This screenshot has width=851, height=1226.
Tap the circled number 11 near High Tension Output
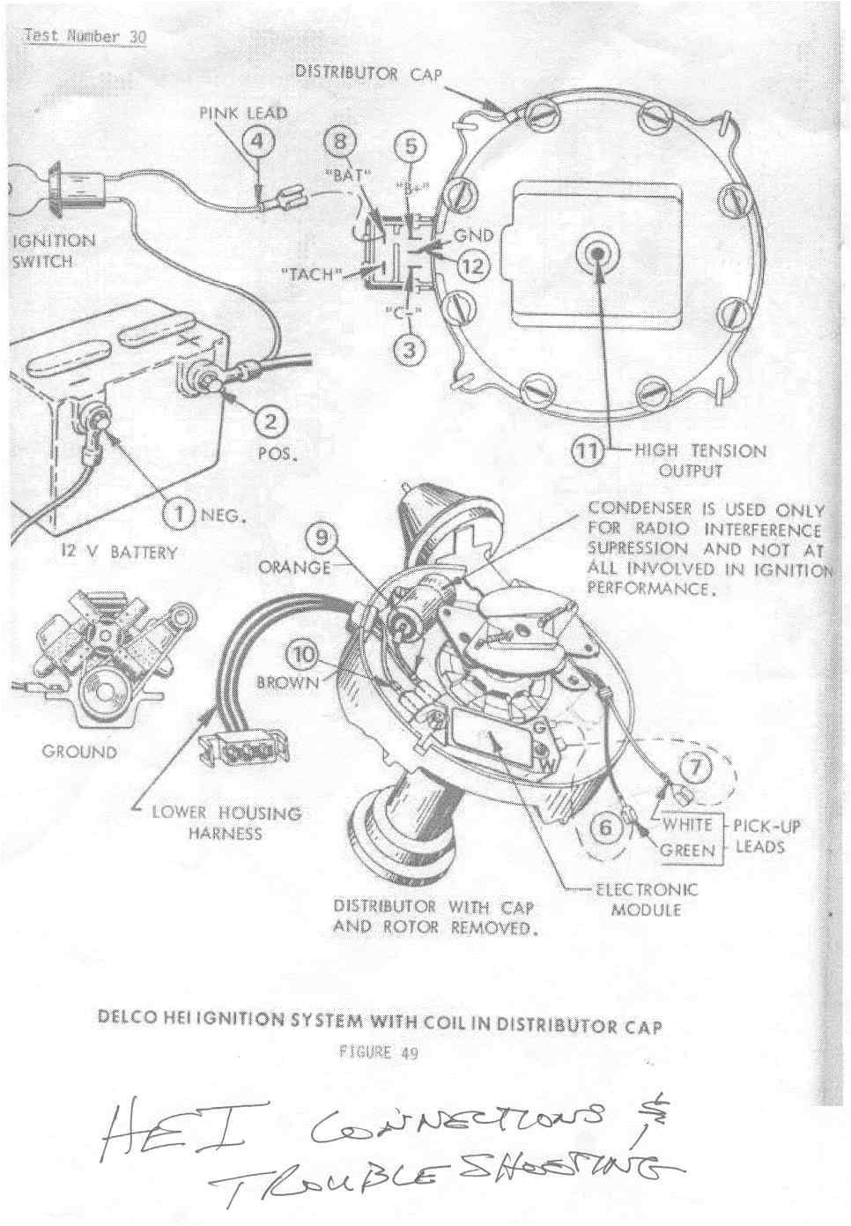[x=588, y=451]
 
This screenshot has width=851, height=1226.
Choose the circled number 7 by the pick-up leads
[x=696, y=769]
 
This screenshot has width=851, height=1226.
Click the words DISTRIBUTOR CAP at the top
[x=368, y=72]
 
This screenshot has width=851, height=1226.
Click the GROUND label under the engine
[x=79, y=752]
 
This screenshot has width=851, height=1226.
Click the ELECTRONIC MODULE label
[x=646, y=899]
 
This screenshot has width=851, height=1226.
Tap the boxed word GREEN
[x=688, y=851]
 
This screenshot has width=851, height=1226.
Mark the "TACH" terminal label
[x=310, y=274]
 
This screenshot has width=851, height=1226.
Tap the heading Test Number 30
[x=85, y=37]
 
